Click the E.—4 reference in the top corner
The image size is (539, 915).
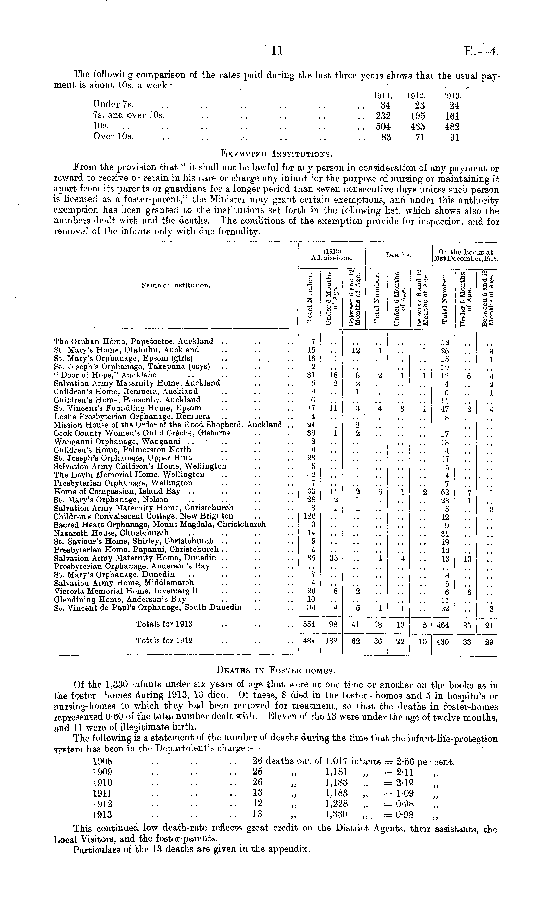click(x=481, y=51)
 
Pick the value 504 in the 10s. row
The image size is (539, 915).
click(x=383, y=127)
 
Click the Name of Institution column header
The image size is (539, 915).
click(x=175, y=285)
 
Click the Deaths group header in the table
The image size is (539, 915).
click(x=398, y=255)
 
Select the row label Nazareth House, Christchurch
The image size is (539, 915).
click(x=111, y=533)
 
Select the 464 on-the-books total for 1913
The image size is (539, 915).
click(x=442, y=625)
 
